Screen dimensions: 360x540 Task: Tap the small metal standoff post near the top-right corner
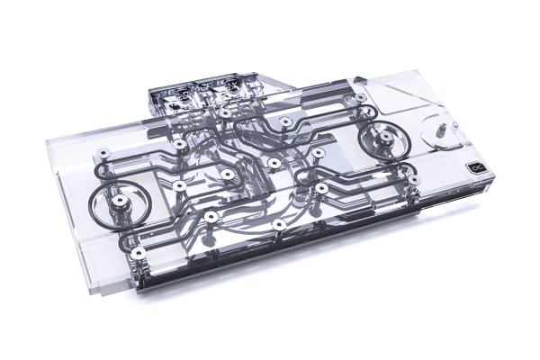(x=444, y=128)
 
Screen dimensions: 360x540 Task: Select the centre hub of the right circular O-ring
(x=384, y=138)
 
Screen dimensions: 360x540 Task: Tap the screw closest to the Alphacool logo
(x=412, y=179)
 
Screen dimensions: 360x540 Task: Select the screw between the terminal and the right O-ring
(x=286, y=120)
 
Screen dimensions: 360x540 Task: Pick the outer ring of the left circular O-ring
(x=93, y=200)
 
